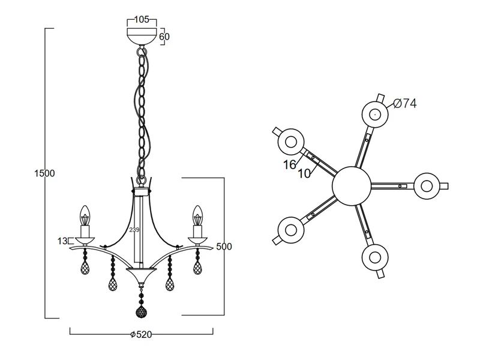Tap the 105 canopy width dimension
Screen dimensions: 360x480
pyautogui.click(x=142, y=19)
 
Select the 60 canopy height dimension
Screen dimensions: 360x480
pyautogui.click(x=164, y=37)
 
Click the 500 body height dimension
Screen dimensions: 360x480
pyautogui.click(x=224, y=247)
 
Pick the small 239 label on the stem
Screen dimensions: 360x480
pyautogui.click(x=134, y=230)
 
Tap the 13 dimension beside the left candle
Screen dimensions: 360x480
pyautogui.click(x=62, y=241)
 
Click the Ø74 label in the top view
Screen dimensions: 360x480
pyautogui.click(x=405, y=104)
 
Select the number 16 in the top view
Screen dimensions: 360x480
pyautogui.click(x=289, y=163)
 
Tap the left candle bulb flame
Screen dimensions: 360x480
pyautogui.click(x=85, y=215)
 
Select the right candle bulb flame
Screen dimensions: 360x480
pyautogui.click(x=196, y=215)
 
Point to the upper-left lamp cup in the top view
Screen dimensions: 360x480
pyautogui.click(x=291, y=142)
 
